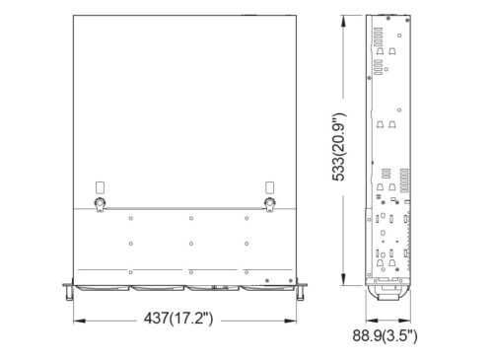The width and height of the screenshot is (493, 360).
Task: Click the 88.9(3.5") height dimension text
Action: click(386, 337)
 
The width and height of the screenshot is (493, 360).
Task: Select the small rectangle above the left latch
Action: click(98, 186)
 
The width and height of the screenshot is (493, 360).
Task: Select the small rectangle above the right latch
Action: click(269, 186)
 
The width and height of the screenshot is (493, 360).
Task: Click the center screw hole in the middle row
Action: click(188, 242)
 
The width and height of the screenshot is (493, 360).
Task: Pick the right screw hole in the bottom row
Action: click(246, 270)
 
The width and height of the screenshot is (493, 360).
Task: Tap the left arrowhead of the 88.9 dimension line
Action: click(369, 319)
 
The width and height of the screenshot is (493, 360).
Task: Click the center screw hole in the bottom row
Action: click(188, 270)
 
